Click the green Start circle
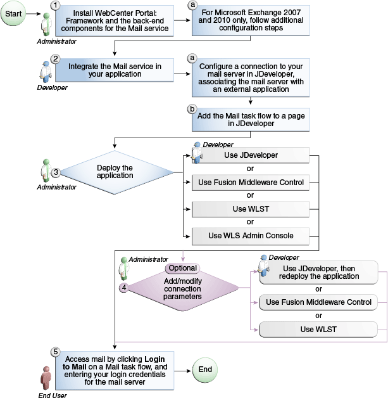coord(13,13)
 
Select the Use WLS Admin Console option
coord(251,236)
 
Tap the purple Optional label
coord(182,268)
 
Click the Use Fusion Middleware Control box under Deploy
coord(251,183)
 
